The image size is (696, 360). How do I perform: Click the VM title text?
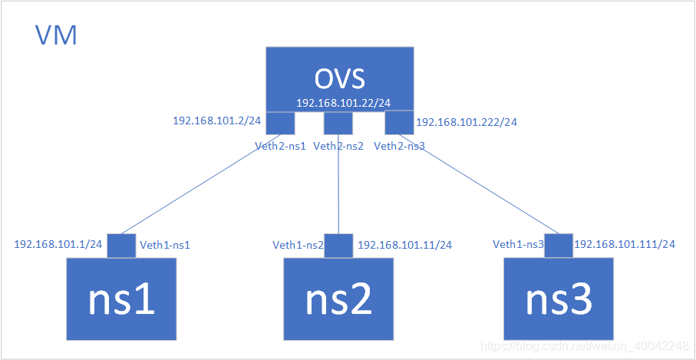point(56,35)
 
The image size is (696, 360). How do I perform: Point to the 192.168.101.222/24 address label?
point(466,122)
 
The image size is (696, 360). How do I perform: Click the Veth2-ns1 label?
point(281,145)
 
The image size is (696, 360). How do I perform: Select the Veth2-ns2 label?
point(339,145)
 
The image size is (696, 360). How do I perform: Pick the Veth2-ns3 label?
point(399,145)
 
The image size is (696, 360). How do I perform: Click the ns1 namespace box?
point(121,299)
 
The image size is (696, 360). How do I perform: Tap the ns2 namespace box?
point(338,299)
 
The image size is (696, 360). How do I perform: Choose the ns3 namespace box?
point(559,299)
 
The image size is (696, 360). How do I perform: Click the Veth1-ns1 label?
point(164,245)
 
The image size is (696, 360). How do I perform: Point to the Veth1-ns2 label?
point(298,245)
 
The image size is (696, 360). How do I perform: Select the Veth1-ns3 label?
point(518,245)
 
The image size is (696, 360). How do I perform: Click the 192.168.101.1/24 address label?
point(58,244)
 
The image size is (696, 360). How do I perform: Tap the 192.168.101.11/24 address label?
point(404,245)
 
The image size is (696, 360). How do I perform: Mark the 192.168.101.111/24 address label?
point(624,245)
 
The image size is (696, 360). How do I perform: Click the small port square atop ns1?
point(121,246)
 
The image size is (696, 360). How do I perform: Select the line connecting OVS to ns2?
point(338,184)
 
